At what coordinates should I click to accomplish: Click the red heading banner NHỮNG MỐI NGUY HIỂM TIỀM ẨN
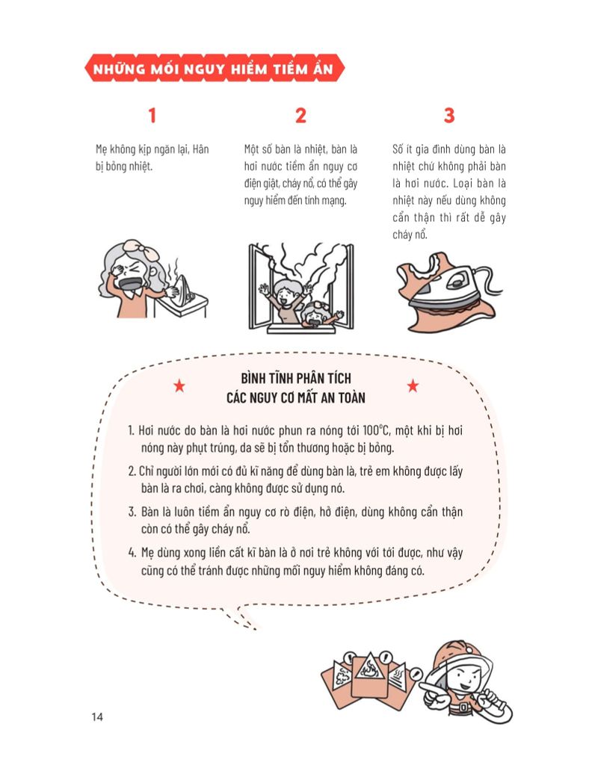click(x=215, y=69)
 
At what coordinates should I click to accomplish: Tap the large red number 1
click(x=152, y=116)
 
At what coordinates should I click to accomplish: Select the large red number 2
click(x=300, y=116)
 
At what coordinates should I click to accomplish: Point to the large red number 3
click(x=448, y=116)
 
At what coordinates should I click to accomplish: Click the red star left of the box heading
click(x=179, y=386)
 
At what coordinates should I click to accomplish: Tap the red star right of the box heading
click(x=413, y=386)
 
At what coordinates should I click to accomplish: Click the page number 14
click(x=97, y=717)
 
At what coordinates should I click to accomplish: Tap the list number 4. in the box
click(x=132, y=553)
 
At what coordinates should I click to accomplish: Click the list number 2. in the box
click(x=132, y=472)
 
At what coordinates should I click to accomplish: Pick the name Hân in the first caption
click(x=200, y=149)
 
